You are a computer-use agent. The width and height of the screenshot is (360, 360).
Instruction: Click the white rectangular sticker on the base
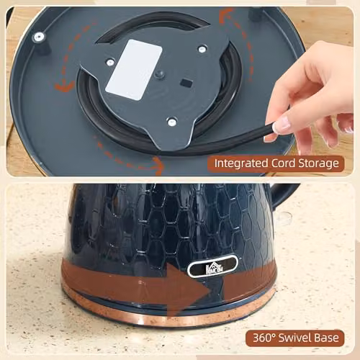(134, 70)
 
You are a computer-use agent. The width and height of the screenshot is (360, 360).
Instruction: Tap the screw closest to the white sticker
(109, 63)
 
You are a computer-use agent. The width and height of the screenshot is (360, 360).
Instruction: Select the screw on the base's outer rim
(38, 37)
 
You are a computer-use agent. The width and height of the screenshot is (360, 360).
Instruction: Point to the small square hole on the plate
(186, 84)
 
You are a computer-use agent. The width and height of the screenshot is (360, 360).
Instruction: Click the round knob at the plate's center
(160, 74)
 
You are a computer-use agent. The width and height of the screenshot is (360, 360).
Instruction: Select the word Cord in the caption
(283, 163)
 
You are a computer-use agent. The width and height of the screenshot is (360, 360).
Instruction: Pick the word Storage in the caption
(318, 164)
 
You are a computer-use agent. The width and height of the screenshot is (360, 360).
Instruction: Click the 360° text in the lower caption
(264, 338)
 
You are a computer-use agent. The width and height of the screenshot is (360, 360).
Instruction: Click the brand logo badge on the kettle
(212, 266)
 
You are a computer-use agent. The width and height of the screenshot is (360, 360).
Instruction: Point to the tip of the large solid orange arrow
(211, 292)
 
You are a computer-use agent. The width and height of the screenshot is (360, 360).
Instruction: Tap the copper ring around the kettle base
(168, 313)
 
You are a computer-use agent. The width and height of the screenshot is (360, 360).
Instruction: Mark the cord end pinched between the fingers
(271, 127)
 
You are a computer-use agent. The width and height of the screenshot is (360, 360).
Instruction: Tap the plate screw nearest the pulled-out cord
(172, 122)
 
